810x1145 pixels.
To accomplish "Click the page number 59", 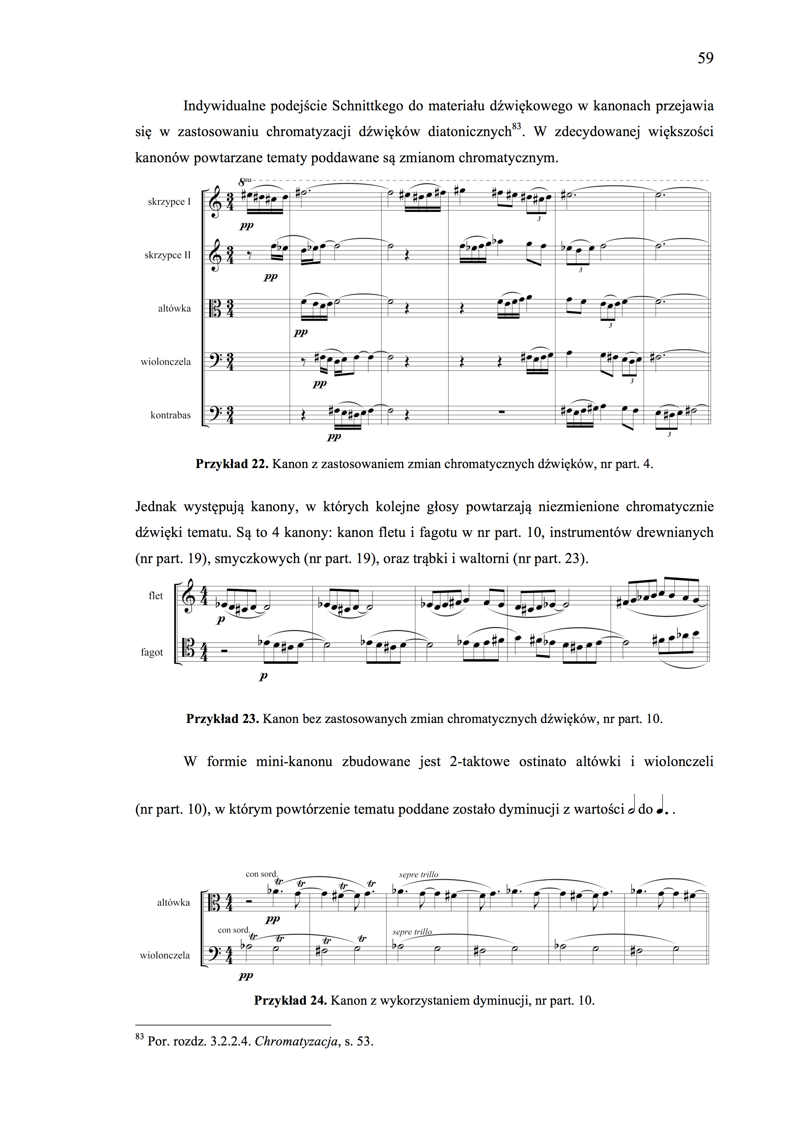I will pos(705,58).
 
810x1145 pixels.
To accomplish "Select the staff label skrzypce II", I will pos(167,255).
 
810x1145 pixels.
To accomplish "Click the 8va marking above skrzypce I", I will pos(244,181).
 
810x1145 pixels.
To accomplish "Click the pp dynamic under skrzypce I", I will pos(247,226).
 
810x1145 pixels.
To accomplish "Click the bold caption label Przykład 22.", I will pos(232,464).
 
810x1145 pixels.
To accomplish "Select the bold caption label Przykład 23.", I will pos(222,719).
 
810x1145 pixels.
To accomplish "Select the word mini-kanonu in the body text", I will pos(294,762).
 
